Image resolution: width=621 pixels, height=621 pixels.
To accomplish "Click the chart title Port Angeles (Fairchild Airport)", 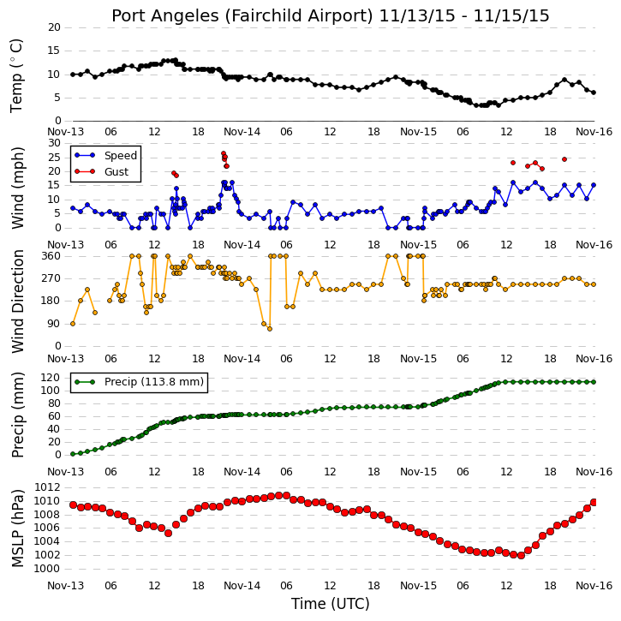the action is pyautogui.click(x=242, y=16).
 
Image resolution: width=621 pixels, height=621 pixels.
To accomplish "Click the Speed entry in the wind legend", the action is pyautogui.click(x=121, y=156).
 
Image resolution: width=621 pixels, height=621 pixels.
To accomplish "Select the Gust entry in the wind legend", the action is pyautogui.click(x=116, y=172).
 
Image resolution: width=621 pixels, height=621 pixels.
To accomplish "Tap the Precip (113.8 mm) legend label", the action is pyautogui.click(x=154, y=382).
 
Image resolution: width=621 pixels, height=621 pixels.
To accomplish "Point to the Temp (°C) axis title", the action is pyautogui.click(x=16, y=76).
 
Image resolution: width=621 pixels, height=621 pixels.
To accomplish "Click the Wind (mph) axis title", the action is pyautogui.click(x=17, y=188).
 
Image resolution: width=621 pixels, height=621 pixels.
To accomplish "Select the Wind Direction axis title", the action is pyautogui.click(x=17, y=302).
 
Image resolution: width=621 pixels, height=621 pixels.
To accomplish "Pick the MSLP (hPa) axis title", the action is pyautogui.click(x=17, y=528).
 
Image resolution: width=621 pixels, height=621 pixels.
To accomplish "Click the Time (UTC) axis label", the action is pyautogui.click(x=331, y=604).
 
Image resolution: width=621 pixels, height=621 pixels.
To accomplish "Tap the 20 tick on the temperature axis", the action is pyautogui.click(x=54, y=27).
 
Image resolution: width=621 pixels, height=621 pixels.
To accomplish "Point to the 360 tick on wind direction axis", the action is pyautogui.click(x=51, y=256).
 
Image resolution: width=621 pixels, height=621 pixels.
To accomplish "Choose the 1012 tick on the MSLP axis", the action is pyautogui.click(x=47, y=487).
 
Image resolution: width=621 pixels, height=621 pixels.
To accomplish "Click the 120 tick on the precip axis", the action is pyautogui.click(x=51, y=378).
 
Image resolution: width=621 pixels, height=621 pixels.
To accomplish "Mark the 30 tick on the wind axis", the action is pyautogui.click(x=54, y=143).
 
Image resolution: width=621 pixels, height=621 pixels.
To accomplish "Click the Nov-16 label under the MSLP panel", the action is pyautogui.click(x=594, y=586).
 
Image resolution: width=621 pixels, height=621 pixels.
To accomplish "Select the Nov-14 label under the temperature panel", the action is pyautogui.click(x=242, y=132).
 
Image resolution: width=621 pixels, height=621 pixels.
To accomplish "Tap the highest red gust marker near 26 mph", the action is pyautogui.click(x=224, y=153).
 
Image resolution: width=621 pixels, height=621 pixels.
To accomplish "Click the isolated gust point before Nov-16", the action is pyautogui.click(x=564, y=159).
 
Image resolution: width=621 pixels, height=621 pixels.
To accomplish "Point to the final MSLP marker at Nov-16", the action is pyautogui.click(x=594, y=502).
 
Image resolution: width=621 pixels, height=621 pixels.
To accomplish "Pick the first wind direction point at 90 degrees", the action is pyautogui.click(x=73, y=324).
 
